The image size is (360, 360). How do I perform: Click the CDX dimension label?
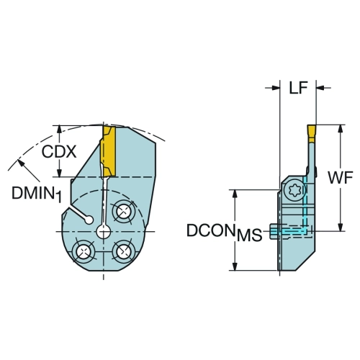tap(59, 152)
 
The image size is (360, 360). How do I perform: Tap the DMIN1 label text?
tap(37, 194)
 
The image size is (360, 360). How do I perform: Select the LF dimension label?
tap(298, 88)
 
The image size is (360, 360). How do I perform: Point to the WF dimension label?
tap(340, 178)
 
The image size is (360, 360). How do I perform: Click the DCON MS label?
tap(224, 233)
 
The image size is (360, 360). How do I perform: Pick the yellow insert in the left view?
tap(108, 151)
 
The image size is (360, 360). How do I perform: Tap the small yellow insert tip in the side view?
tap(312, 134)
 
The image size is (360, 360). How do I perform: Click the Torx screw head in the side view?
tap(294, 191)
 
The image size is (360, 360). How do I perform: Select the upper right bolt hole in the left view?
tap(124, 212)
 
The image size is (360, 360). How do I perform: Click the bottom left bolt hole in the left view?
tap(84, 252)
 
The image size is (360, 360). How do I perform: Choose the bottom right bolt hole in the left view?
tap(124, 251)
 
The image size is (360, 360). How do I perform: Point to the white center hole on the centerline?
tap(104, 232)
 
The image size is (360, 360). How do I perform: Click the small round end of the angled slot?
tap(89, 220)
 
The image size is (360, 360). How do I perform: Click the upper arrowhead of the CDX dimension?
tap(59, 130)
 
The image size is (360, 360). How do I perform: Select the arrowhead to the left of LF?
tap(276, 88)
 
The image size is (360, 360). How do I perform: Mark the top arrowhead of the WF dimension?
tap(340, 129)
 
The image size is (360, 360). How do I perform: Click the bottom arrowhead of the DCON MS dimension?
tap(235, 266)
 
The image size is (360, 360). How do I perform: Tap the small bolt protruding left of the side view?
tap(274, 231)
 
